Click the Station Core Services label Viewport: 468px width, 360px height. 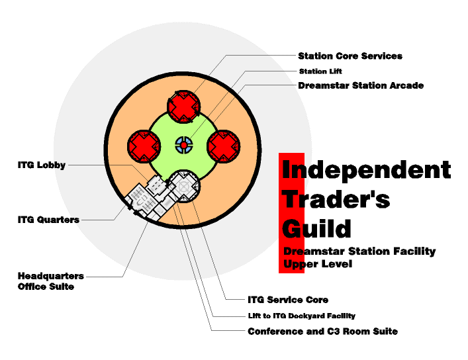click(x=350, y=56)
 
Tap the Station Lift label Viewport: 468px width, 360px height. click(x=320, y=71)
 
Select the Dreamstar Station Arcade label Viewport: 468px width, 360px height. click(x=360, y=85)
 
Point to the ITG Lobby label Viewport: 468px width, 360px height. click(x=42, y=165)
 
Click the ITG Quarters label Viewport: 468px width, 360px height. click(x=48, y=220)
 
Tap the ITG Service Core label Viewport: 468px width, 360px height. click(x=287, y=300)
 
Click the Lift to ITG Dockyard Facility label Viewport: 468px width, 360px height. click(x=301, y=316)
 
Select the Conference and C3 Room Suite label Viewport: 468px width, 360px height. click(x=322, y=331)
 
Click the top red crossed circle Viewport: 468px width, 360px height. click(x=183, y=107)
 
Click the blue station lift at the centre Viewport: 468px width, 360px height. click(x=184, y=145)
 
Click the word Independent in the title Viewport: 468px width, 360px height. click(x=366, y=169)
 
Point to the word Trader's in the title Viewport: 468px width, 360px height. click(x=336, y=199)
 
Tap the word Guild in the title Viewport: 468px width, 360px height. click(x=316, y=228)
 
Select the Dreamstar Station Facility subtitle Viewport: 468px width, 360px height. click(x=359, y=251)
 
